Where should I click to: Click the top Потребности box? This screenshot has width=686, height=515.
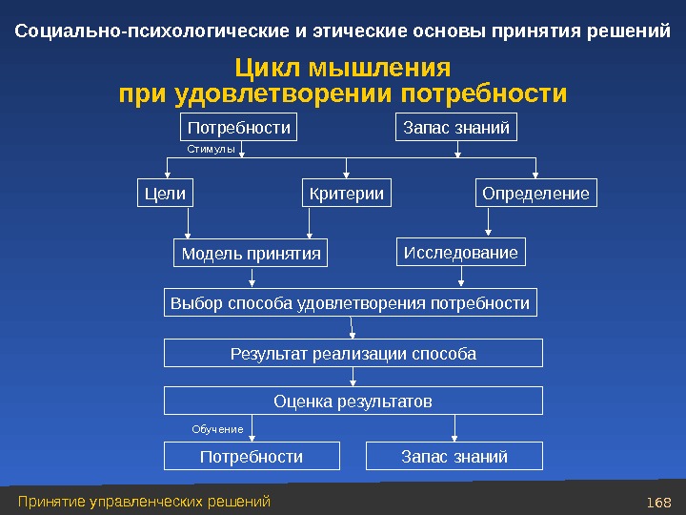tap(238, 128)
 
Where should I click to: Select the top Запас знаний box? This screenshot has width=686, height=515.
tap(456, 128)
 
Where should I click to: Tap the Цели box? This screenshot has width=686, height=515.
tap(164, 194)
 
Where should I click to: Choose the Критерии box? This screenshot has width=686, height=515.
tap(347, 194)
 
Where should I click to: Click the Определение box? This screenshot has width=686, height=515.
tap(535, 194)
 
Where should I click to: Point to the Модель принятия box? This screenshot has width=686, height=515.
tap(251, 254)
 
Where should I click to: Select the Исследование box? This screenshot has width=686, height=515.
tap(461, 253)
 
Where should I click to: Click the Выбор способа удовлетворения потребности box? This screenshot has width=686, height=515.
tap(350, 303)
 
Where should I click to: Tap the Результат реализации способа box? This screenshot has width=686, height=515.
tap(353, 354)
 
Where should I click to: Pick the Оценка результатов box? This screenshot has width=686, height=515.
tap(353, 402)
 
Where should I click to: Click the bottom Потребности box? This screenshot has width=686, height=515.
tap(252, 457)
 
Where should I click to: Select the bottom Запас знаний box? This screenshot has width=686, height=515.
tap(454, 457)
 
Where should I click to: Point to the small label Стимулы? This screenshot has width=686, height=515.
tap(211, 150)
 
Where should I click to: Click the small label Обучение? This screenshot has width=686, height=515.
tap(217, 429)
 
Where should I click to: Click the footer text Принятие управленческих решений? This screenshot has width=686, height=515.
tap(144, 502)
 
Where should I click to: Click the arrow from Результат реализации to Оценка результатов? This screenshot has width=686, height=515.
tap(353, 377)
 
